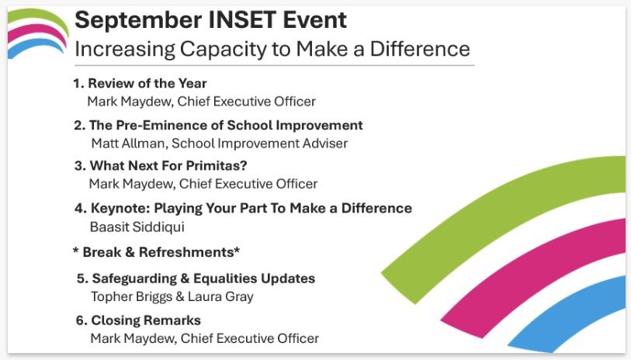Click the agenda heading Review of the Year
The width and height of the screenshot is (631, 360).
pyautogui.click(x=147, y=84)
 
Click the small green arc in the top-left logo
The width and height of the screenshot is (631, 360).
pyautogui.click(x=35, y=15)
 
